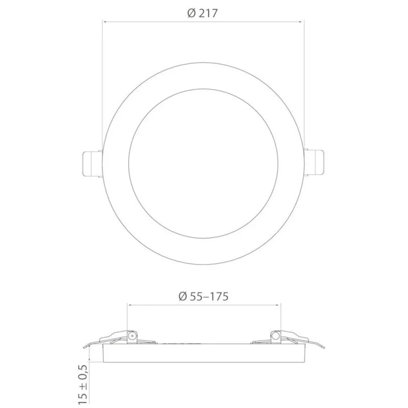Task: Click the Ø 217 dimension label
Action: [x=202, y=13]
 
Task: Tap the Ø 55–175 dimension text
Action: [x=204, y=296]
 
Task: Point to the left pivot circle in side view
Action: [x=132, y=336]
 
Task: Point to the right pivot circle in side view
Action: [x=275, y=336]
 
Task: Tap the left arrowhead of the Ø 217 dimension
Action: [x=104, y=22]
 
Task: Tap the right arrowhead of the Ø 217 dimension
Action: [x=302, y=22]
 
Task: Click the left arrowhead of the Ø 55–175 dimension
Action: [x=129, y=305]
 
